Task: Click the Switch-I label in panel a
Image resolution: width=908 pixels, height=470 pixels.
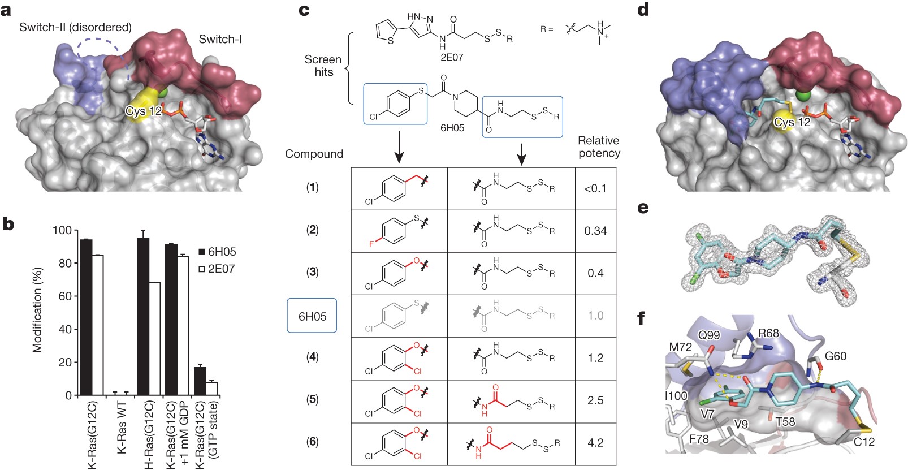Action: tap(220, 40)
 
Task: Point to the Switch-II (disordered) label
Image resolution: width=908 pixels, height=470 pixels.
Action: tap(75, 27)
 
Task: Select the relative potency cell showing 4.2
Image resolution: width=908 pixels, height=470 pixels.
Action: tap(595, 443)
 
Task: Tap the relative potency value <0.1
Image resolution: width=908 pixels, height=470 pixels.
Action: tap(595, 188)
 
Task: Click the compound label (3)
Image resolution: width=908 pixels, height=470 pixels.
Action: tap(312, 272)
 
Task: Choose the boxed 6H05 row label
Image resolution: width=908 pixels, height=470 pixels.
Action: tap(312, 316)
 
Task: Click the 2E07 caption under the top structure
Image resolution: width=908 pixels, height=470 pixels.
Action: tap(452, 57)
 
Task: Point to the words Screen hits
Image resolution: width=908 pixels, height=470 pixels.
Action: tap(323, 66)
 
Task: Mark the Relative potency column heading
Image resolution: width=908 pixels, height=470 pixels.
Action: tap(599, 147)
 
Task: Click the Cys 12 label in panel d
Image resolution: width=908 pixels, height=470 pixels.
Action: tap(792, 122)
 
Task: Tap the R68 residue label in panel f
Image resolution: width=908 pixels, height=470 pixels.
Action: tap(768, 333)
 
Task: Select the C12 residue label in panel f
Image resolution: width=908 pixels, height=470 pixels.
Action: tap(863, 442)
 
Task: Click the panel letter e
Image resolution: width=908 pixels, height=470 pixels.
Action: tap(642, 208)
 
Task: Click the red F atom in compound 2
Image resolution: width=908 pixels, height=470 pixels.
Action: tap(371, 244)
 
